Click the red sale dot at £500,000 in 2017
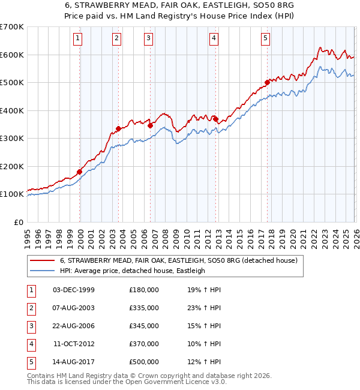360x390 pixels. [267, 83]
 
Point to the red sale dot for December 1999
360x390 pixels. [79, 172]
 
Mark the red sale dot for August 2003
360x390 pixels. [118, 128]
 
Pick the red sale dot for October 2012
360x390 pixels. [215, 119]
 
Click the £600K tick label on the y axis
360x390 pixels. [12, 55]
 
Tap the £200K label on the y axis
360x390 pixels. [12, 166]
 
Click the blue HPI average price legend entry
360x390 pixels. [132, 271]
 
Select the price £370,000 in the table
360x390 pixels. [144, 344]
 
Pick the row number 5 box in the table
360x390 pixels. [30, 362]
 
